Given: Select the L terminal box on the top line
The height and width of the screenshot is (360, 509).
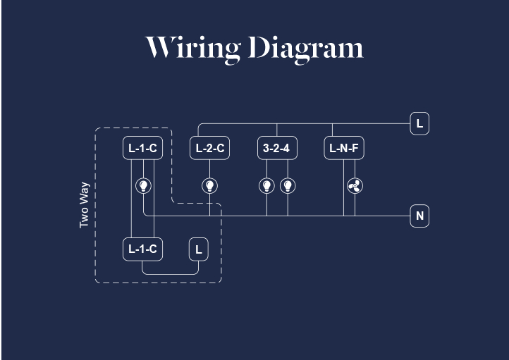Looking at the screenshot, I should click(419, 124).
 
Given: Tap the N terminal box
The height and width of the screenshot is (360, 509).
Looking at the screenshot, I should click(419, 216).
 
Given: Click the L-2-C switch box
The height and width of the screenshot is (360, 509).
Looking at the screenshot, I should click(209, 149).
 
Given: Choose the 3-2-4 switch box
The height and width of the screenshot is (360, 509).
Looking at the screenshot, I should click(276, 149).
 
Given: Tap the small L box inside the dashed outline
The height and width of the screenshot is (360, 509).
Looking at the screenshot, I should click(198, 249).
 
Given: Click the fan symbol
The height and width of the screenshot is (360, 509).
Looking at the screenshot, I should click(355, 186).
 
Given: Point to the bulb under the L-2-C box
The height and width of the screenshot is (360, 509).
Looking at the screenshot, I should click(209, 186).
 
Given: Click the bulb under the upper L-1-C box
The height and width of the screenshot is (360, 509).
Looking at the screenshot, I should click(143, 186).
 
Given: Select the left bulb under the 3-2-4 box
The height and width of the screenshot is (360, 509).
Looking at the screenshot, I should click(266, 186).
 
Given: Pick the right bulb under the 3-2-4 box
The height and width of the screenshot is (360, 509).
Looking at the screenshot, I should click(287, 186).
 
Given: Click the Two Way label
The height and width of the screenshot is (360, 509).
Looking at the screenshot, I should click(85, 205).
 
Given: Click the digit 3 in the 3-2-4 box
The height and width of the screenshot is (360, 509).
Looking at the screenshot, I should click(266, 149).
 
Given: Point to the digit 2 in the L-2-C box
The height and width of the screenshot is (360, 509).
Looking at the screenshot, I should click(209, 149).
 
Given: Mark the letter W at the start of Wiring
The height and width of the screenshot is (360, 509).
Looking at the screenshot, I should click(159, 48).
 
